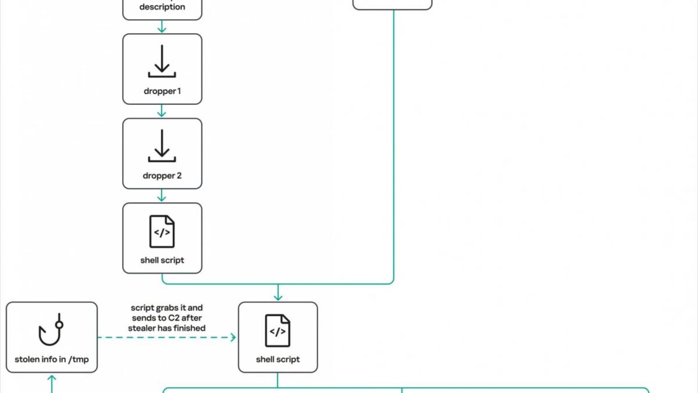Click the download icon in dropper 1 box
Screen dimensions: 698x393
[x=162, y=61]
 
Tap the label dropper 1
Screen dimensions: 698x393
[x=162, y=91]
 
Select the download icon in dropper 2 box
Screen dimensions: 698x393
[x=162, y=146]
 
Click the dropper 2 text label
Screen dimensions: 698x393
[x=162, y=176]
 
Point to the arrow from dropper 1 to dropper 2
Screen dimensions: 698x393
[x=162, y=111]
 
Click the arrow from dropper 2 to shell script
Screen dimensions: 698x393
[x=162, y=196]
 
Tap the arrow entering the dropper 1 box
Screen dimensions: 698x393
[x=162, y=27]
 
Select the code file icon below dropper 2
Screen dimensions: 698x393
[x=162, y=232]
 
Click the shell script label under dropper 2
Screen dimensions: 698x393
[x=162, y=260]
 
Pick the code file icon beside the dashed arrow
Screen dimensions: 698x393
[x=277, y=331]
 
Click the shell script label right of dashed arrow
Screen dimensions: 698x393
[x=277, y=359]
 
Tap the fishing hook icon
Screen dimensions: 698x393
[x=51, y=330]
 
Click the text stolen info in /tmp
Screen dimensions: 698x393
[x=52, y=359]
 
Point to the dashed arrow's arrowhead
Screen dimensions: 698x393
[x=233, y=337]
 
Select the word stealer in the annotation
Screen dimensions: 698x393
[x=141, y=328]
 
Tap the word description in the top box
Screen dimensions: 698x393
[x=162, y=7]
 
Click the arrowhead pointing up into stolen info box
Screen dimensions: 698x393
[x=52, y=378]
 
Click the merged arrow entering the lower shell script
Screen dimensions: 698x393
[x=278, y=292]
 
